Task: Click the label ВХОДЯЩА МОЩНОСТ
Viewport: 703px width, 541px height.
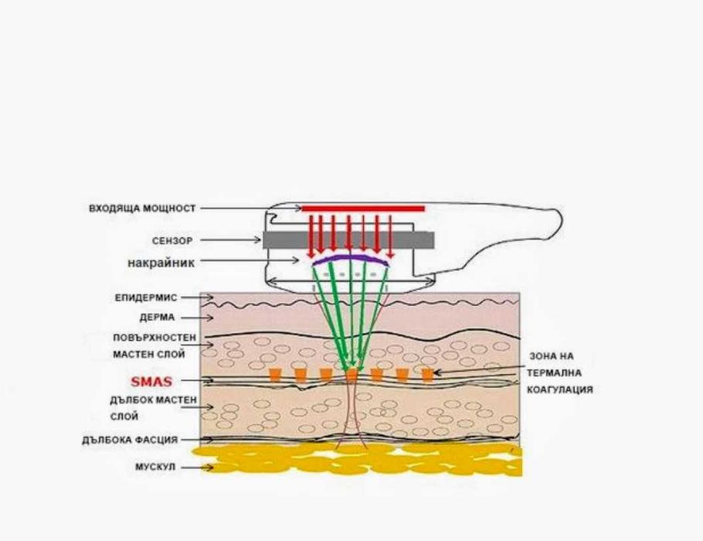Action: pyautogui.click(x=142, y=209)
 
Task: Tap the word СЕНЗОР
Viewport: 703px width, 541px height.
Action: pyautogui.click(x=172, y=241)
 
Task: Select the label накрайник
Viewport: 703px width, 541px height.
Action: pyautogui.click(x=161, y=263)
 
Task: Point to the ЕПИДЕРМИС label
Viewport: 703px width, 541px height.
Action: pyautogui.click(x=146, y=298)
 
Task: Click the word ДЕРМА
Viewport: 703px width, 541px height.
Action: pyautogui.click(x=157, y=318)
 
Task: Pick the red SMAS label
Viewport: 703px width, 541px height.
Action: pyautogui.click(x=151, y=382)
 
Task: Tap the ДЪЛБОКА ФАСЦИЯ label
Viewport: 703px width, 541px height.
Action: pyautogui.click(x=130, y=440)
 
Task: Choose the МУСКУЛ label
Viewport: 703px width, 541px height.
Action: pyautogui.click(x=155, y=468)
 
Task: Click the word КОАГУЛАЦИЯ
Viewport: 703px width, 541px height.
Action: pyautogui.click(x=560, y=390)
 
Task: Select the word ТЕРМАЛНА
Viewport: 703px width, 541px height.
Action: pyautogui.click(x=554, y=373)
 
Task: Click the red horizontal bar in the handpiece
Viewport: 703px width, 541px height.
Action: pyautogui.click(x=363, y=208)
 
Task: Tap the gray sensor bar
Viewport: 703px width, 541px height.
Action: pyautogui.click(x=348, y=240)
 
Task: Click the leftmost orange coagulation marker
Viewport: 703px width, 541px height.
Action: pyautogui.click(x=275, y=375)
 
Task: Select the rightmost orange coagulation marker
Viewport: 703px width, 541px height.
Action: pyautogui.click(x=428, y=375)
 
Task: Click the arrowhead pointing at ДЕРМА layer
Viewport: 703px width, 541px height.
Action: pyautogui.click(x=210, y=318)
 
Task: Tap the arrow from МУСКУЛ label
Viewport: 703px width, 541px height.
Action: pyautogui.click(x=197, y=468)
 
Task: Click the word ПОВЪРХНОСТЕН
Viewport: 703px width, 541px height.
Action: pyautogui.click(x=155, y=338)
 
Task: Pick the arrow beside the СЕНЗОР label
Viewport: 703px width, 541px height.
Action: pyautogui.click(x=230, y=240)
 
